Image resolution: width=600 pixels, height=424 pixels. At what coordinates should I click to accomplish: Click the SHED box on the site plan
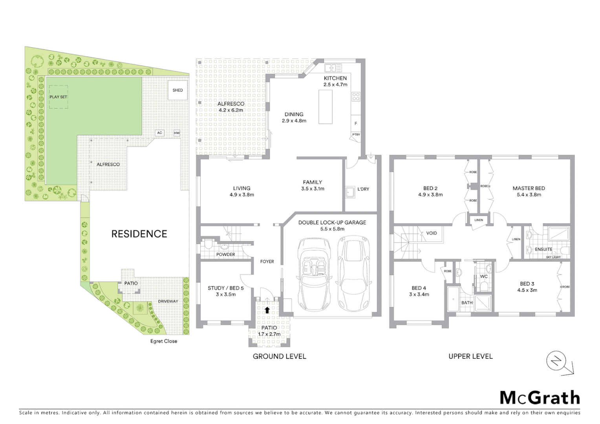pyautogui.click(x=177, y=90)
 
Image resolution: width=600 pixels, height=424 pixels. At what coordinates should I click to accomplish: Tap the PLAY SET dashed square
pyautogui.click(x=58, y=97)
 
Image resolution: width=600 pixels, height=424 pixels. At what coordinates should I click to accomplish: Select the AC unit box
pyautogui.click(x=159, y=133)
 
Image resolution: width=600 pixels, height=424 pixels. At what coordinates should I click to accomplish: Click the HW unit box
pyautogui.click(x=177, y=133)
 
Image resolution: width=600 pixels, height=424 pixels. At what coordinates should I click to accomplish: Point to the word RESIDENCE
pyautogui.click(x=139, y=234)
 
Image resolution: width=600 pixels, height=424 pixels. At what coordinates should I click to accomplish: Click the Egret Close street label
pyautogui.click(x=164, y=341)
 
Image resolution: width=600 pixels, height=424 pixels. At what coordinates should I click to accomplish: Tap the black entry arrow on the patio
pyautogui.click(x=267, y=310)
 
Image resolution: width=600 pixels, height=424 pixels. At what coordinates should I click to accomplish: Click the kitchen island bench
pyautogui.click(x=325, y=107)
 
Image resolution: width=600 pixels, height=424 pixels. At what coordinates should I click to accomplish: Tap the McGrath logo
pyautogui.click(x=540, y=398)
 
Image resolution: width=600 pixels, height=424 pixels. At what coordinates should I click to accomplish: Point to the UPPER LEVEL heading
pyautogui.click(x=470, y=356)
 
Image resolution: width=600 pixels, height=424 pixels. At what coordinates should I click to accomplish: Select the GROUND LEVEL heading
pyautogui.click(x=279, y=356)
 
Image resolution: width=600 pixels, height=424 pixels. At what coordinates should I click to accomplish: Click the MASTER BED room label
pyautogui.click(x=529, y=188)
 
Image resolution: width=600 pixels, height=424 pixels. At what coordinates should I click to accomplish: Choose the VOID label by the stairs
pyautogui.click(x=431, y=233)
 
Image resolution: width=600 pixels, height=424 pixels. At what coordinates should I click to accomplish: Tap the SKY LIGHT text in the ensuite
pyautogui.click(x=553, y=257)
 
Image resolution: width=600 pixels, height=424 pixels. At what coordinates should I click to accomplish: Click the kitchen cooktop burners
pyautogui.click(x=356, y=96)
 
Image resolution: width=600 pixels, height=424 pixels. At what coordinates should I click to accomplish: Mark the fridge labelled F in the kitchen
pyautogui.click(x=356, y=124)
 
